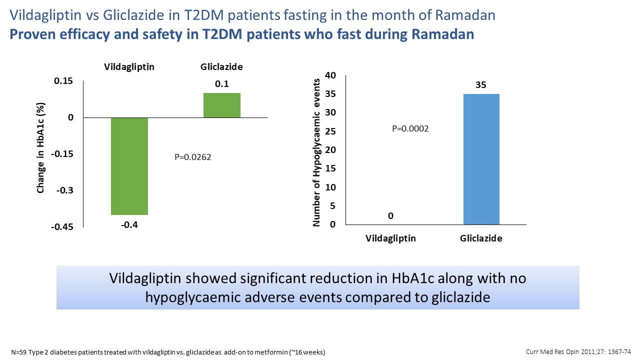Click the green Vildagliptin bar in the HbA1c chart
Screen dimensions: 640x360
point(129,166)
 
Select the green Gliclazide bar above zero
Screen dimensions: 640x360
point(222,105)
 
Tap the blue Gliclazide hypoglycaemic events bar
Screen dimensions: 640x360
point(481,159)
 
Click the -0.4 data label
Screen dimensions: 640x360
point(129,225)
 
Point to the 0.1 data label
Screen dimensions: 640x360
point(222,84)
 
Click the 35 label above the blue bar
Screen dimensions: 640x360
point(481,85)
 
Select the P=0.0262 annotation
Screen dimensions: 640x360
point(193,157)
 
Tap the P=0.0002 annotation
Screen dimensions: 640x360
point(410,128)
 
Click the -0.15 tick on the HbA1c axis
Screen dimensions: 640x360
point(62,154)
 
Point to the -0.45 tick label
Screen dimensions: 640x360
point(62,227)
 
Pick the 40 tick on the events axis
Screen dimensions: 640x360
point(330,75)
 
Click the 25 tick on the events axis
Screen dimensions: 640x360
point(330,131)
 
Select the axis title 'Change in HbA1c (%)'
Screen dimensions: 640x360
point(40,147)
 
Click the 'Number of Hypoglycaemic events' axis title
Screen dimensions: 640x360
point(316,152)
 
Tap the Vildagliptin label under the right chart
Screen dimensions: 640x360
point(390,238)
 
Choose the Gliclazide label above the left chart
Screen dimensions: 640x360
point(221,67)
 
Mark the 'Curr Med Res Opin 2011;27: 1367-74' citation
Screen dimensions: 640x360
point(578,351)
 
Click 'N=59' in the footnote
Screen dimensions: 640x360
point(19,352)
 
